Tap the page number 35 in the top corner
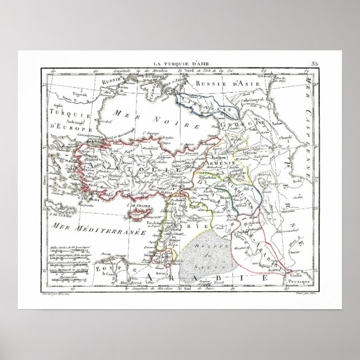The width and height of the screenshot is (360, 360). point(315,65)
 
